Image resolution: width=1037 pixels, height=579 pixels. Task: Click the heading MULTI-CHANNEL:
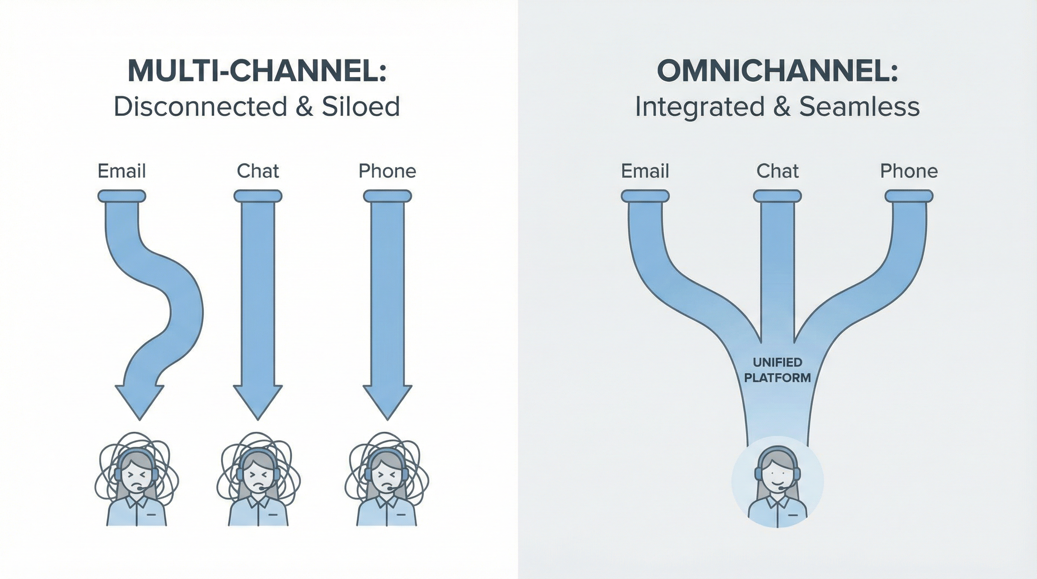pyautogui.click(x=257, y=71)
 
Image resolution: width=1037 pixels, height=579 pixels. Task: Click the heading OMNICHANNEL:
pyautogui.click(x=777, y=71)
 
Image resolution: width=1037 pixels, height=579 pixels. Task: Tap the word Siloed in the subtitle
pyautogui.click(x=360, y=107)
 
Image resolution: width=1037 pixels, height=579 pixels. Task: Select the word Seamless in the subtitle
pyautogui.click(x=859, y=107)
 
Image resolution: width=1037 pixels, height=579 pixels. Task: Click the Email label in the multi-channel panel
pyautogui.click(x=122, y=171)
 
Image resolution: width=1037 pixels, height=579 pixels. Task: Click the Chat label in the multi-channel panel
pyautogui.click(x=258, y=171)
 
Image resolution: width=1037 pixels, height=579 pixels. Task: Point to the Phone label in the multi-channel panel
pyautogui.click(x=387, y=171)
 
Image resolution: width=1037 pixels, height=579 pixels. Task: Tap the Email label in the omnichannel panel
pyautogui.click(x=645, y=171)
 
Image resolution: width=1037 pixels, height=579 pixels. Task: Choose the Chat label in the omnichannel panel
pyautogui.click(x=777, y=171)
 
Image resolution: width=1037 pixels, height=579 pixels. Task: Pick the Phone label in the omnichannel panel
pyautogui.click(x=909, y=171)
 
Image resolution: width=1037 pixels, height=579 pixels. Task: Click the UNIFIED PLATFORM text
pyautogui.click(x=777, y=370)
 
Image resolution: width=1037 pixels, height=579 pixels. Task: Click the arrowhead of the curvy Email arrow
pyautogui.click(x=140, y=401)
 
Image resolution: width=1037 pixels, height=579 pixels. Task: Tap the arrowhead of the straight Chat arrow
pyautogui.click(x=258, y=401)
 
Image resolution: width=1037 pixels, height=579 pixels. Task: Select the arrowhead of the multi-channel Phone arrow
pyautogui.click(x=387, y=401)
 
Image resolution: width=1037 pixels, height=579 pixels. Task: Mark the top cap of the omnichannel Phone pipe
pyautogui.click(x=909, y=196)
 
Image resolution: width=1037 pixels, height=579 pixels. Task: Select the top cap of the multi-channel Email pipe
pyautogui.click(x=122, y=196)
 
